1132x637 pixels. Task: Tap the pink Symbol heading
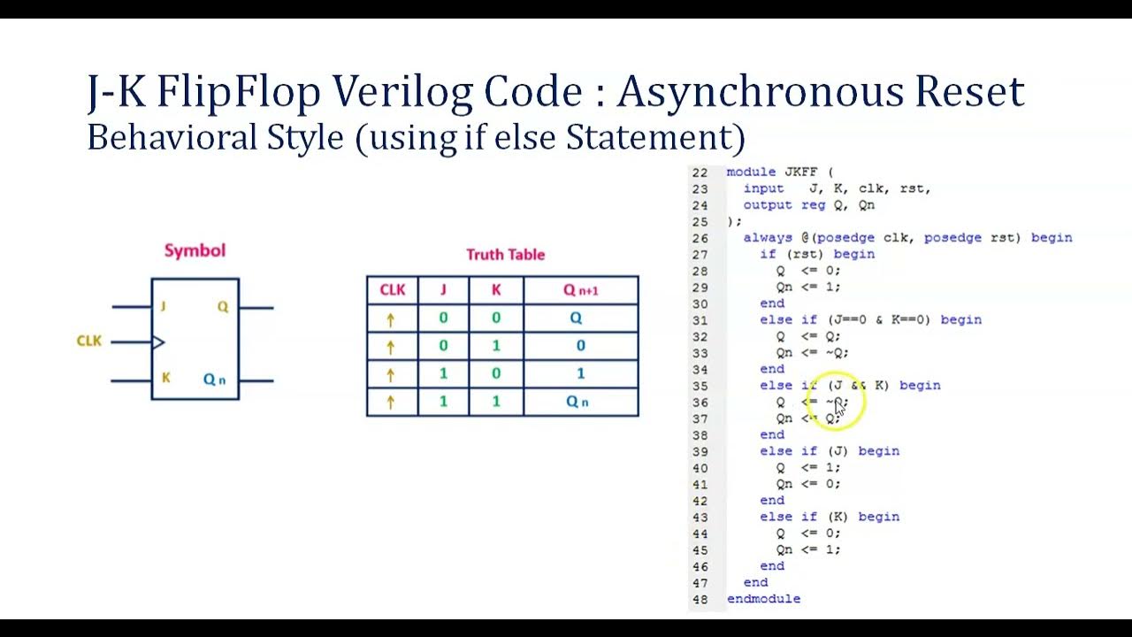pyautogui.click(x=195, y=250)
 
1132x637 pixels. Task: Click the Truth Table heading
pyautogui.click(x=505, y=255)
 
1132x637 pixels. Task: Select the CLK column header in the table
pyautogui.click(x=392, y=290)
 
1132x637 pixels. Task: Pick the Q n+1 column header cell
pyautogui.click(x=580, y=290)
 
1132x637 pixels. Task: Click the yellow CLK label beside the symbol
pyautogui.click(x=89, y=341)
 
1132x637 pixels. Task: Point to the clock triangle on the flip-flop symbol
pyautogui.click(x=158, y=342)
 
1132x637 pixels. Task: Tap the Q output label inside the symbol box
pyautogui.click(x=222, y=307)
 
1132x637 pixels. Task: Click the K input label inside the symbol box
pyautogui.click(x=165, y=378)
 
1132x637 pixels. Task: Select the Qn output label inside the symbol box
pyautogui.click(x=215, y=380)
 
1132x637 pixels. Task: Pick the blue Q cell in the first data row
pyautogui.click(x=576, y=318)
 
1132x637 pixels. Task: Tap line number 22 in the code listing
pyautogui.click(x=700, y=173)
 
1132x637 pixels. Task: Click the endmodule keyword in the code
pyautogui.click(x=763, y=599)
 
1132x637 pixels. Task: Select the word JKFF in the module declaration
pyautogui.click(x=801, y=173)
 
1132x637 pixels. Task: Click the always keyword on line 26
pyautogui.click(x=768, y=238)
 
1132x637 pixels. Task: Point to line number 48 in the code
pyautogui.click(x=700, y=599)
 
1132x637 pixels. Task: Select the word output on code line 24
pyautogui.click(x=767, y=205)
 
